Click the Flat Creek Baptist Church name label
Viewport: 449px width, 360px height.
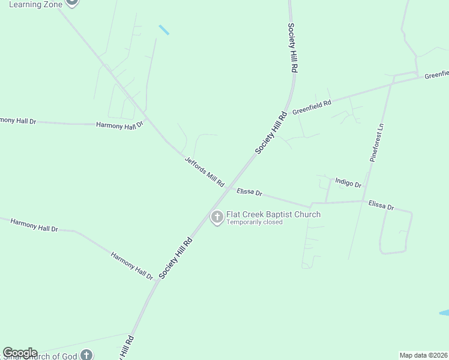[x=273, y=214]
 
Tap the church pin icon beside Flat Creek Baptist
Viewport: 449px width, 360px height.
[x=217, y=217]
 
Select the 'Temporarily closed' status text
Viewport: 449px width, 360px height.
[x=254, y=223]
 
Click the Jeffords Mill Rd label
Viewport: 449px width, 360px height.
[x=204, y=171]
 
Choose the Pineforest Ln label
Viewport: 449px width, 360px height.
[x=376, y=143]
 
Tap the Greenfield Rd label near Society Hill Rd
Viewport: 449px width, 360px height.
[x=312, y=107]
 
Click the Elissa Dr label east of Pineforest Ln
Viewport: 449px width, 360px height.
[x=381, y=205]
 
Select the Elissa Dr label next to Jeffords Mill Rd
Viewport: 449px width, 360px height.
[x=250, y=192]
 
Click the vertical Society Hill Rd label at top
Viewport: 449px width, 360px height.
[x=292, y=48]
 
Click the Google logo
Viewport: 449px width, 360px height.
[x=20, y=353]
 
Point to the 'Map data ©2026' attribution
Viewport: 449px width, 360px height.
[x=424, y=355]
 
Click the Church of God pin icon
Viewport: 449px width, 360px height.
[x=87, y=355]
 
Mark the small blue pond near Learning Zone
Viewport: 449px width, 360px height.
[x=164, y=29]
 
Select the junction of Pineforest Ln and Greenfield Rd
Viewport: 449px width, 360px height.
[x=391, y=82]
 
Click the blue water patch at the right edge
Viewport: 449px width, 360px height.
[x=444, y=313]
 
